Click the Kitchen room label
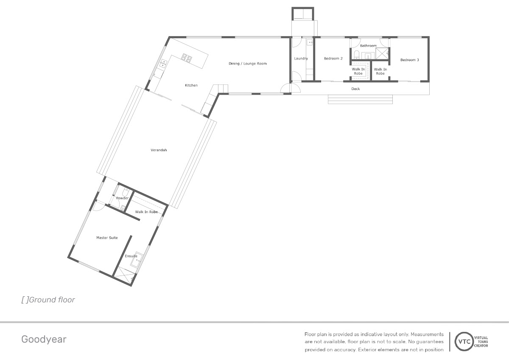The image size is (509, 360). pos(191,85)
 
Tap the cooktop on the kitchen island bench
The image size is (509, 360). pos(187,58)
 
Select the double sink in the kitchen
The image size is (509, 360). pos(163,63)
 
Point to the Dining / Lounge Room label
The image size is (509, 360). pos(247,64)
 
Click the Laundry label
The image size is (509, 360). pos(301,59)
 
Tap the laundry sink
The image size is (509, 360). pos(310,42)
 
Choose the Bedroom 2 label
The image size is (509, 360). pos(333,59)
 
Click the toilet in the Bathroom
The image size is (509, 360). pos(356,55)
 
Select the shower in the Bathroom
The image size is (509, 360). pos(382,53)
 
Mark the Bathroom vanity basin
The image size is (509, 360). pos(368,56)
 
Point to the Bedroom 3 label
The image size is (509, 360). pos(409,60)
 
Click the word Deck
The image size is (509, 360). pos(355,89)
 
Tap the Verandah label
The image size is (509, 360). pos(159,150)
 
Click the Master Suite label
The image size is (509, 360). pos(107,238)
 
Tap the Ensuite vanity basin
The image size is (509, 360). pos(137,259)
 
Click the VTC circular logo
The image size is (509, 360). pos(464,341)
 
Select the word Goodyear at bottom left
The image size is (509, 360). pos(44,340)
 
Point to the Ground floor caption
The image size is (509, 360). pos(48,300)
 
